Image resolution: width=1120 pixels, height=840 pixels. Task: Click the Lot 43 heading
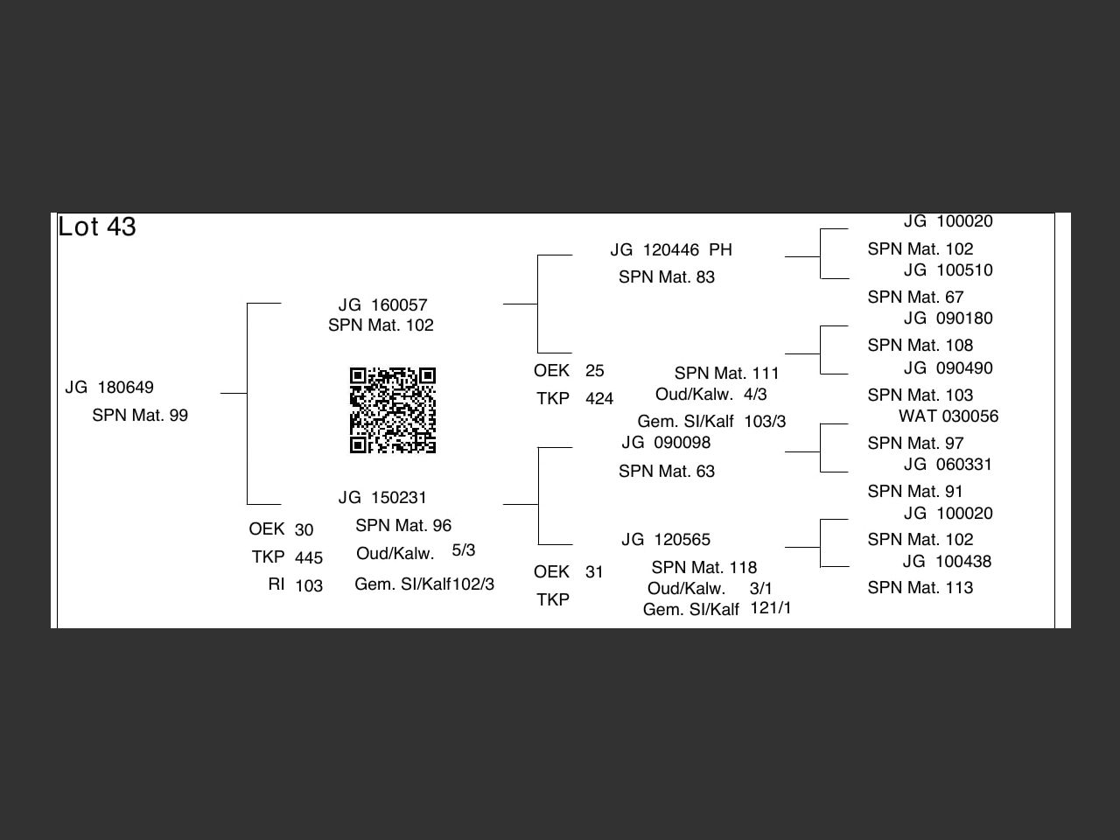pyautogui.click(x=97, y=227)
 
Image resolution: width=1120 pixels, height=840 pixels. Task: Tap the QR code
pyautogui.click(x=393, y=410)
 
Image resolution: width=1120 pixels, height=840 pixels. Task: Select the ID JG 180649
pyautogui.click(x=109, y=388)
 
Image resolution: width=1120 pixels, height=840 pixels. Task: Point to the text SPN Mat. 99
pyautogui.click(x=140, y=416)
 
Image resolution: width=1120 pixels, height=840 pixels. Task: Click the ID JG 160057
pyautogui.click(x=382, y=305)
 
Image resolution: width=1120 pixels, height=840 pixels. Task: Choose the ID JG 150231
pyautogui.click(x=382, y=498)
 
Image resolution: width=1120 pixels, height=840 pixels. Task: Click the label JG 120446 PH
pyautogui.click(x=671, y=250)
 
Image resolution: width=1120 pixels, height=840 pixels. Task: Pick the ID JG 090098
pyautogui.click(x=666, y=443)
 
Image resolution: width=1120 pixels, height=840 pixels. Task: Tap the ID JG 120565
pyautogui.click(x=666, y=540)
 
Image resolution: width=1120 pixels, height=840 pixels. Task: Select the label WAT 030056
pyautogui.click(x=948, y=416)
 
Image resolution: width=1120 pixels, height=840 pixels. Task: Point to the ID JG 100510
pyautogui.click(x=948, y=270)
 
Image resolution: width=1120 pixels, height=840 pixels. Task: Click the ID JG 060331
pyautogui.click(x=948, y=465)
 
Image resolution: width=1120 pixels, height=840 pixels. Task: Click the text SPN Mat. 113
pyautogui.click(x=920, y=588)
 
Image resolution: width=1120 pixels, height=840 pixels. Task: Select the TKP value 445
pyautogui.click(x=309, y=558)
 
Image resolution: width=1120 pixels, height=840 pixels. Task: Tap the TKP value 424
pyautogui.click(x=599, y=399)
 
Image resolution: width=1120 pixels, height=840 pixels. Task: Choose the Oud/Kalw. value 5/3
pyautogui.click(x=464, y=550)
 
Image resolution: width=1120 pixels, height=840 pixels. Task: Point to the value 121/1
pyautogui.click(x=771, y=608)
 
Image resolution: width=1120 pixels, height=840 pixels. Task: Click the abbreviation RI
pyautogui.click(x=276, y=584)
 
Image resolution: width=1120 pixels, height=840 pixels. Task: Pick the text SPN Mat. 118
pyautogui.click(x=704, y=568)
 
